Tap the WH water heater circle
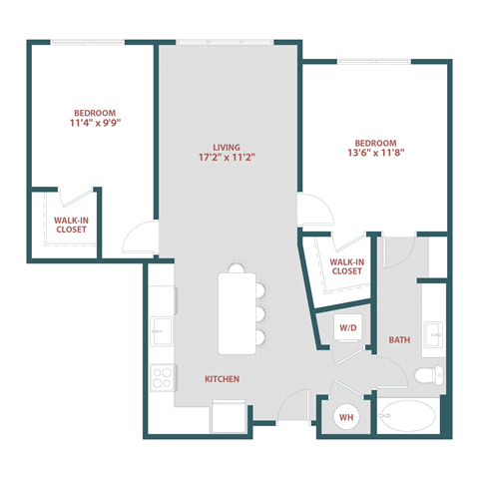346,416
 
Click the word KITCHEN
222,380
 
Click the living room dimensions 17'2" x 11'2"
229,158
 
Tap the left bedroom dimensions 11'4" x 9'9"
95,125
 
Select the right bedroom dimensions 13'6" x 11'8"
376,154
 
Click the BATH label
400,340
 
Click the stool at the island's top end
237,266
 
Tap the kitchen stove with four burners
162,378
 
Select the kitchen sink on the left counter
161,328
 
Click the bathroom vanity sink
433,332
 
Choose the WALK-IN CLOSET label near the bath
346,265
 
